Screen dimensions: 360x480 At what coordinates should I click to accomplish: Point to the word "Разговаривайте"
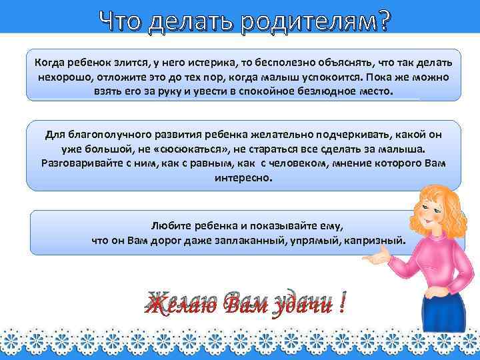(x=81, y=163)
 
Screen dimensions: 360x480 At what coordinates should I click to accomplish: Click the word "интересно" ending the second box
(x=244, y=177)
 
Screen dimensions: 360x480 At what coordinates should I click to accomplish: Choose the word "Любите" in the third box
(x=169, y=226)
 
